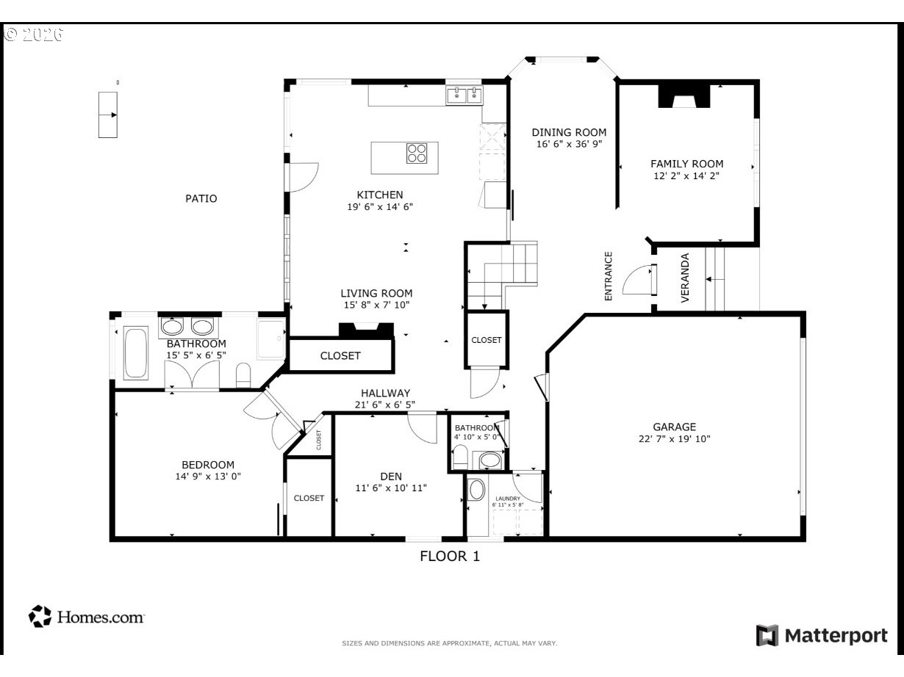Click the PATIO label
[x=201, y=199]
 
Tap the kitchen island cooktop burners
[x=417, y=153]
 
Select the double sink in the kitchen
[x=464, y=95]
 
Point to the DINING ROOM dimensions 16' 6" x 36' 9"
[x=569, y=144]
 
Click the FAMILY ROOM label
[x=686, y=164]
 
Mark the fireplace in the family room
[x=684, y=96]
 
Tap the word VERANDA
[x=685, y=278]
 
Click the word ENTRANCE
[x=609, y=276]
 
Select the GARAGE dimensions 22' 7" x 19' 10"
[x=674, y=439]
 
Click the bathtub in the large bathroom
[x=135, y=353]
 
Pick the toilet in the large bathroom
[x=243, y=375]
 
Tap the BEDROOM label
[x=208, y=465]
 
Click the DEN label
[x=391, y=477]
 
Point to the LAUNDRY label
[x=508, y=499]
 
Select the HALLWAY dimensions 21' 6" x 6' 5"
[x=384, y=405]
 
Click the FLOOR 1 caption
[x=450, y=557]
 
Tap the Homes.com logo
[x=87, y=617]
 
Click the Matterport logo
[x=822, y=635]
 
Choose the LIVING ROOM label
[x=376, y=293]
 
